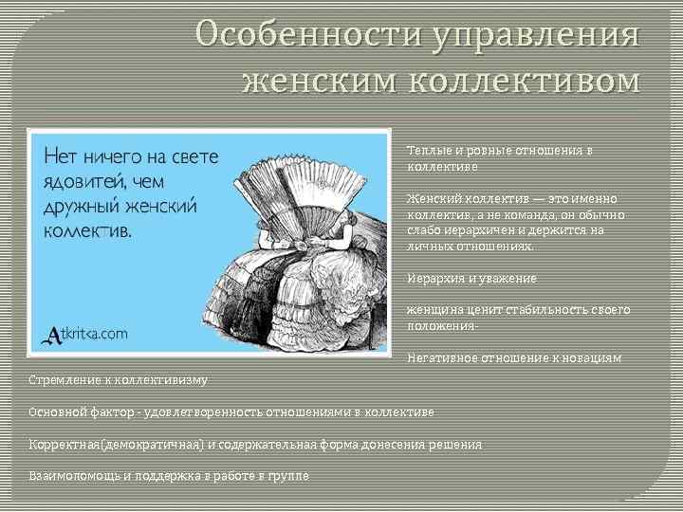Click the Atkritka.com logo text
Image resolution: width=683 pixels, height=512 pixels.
(x=87, y=334)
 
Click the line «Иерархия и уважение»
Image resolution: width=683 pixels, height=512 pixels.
(x=471, y=279)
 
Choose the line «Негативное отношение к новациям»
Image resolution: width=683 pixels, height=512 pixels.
(x=514, y=358)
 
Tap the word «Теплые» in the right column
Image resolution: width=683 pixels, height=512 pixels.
(x=428, y=151)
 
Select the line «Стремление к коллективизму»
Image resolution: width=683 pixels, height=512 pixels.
(x=119, y=380)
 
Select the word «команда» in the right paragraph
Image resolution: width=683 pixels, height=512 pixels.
(x=543, y=214)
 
